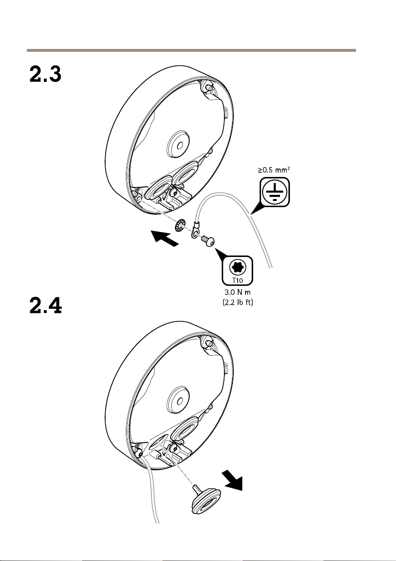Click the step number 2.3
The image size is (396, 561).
point(46,74)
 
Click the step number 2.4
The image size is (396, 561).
point(46,305)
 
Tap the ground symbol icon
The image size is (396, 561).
point(275,192)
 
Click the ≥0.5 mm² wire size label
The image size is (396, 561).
point(274,169)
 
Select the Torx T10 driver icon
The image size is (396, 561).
point(237,271)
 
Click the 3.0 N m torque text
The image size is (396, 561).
point(238,292)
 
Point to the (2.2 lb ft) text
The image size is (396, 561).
point(238,302)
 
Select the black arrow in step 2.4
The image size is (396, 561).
point(232,481)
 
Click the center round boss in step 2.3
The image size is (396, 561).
point(178,144)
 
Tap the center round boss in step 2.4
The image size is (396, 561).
point(178,400)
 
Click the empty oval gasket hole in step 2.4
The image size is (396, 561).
point(157,442)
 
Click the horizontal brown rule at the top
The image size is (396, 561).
point(191,50)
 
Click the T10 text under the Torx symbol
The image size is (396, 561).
point(237,280)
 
